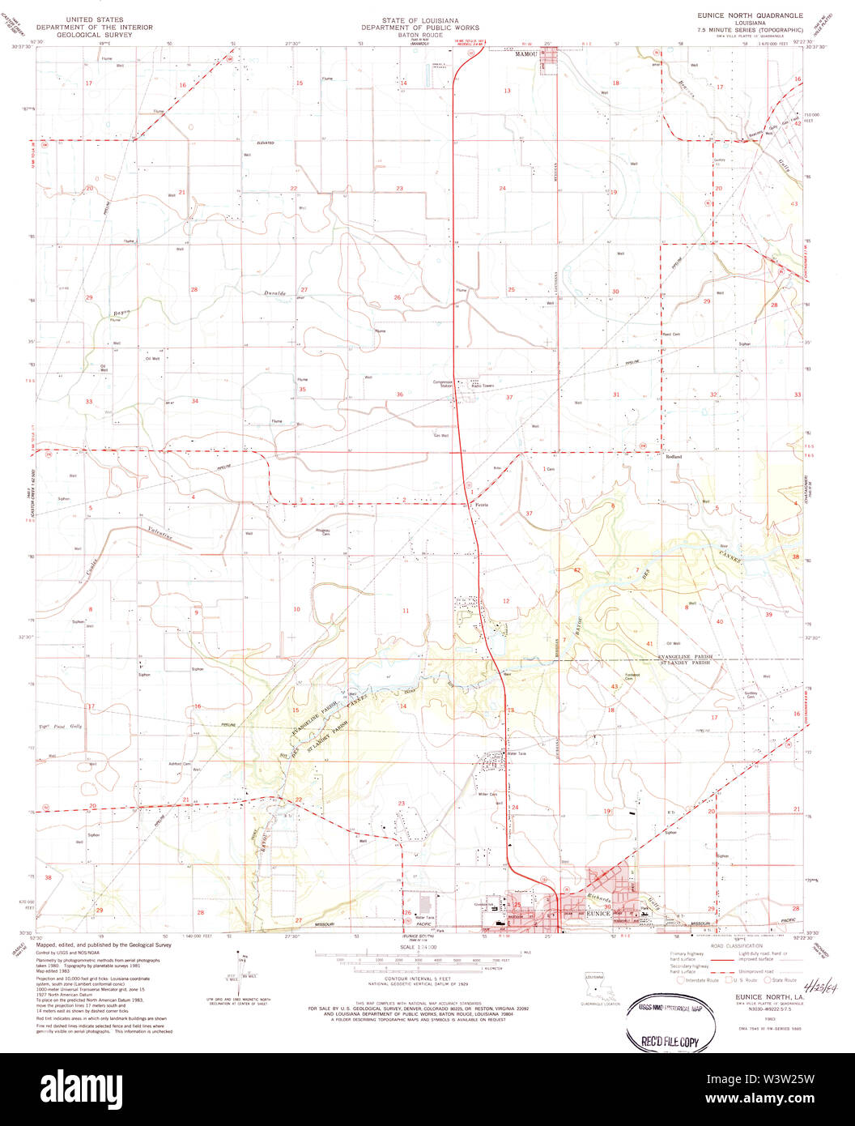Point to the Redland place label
point(674,457)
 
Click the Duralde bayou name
point(275,292)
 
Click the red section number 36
point(399,395)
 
